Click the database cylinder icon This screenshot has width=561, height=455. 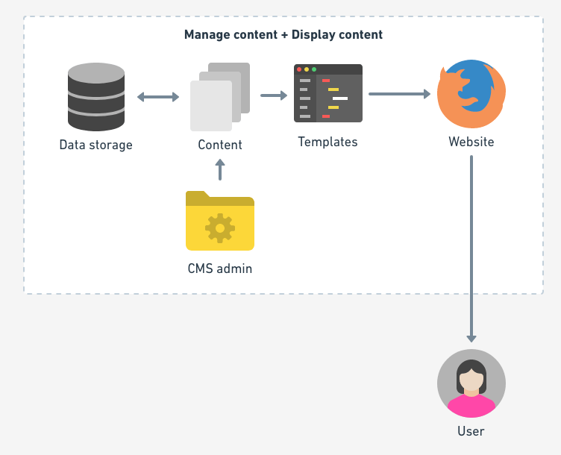[x=95, y=97]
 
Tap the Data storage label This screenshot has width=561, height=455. [x=95, y=145]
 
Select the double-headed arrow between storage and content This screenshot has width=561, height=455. [x=158, y=97]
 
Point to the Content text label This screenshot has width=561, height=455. [x=219, y=145]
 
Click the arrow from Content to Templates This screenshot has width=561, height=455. [x=274, y=95]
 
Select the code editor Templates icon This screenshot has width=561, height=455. [x=328, y=93]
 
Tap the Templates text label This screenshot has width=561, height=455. [x=327, y=142]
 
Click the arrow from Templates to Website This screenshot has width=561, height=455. [x=400, y=94]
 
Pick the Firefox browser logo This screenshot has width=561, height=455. [x=471, y=94]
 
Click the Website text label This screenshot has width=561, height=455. [x=471, y=142]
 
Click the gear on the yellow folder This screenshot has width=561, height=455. [x=220, y=228]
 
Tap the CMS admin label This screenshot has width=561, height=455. [x=219, y=269]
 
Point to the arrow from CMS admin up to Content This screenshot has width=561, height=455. [x=219, y=171]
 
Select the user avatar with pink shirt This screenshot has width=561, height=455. [x=471, y=383]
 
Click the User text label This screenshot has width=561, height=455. [x=471, y=431]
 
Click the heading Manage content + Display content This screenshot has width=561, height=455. [x=283, y=35]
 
